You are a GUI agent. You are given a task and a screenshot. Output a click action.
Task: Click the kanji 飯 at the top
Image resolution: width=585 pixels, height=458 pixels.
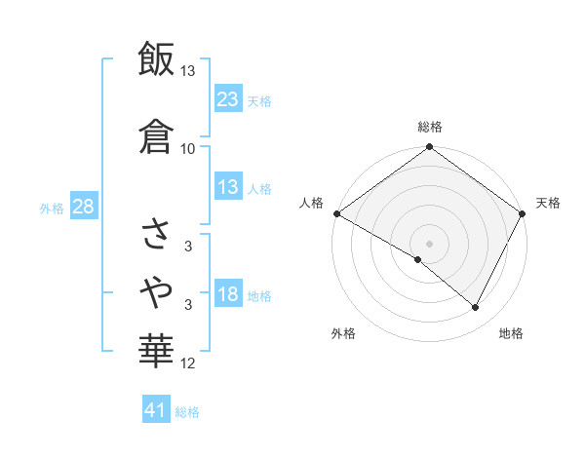pyautogui.click(x=157, y=59)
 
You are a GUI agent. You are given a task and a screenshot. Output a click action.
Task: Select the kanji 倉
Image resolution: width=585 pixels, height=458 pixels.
pyautogui.click(x=157, y=135)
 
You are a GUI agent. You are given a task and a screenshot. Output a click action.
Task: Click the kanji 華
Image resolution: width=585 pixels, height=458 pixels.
pyautogui.click(x=157, y=350)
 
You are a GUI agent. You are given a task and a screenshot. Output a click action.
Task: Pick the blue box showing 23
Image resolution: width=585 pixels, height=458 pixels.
pyautogui.click(x=228, y=98)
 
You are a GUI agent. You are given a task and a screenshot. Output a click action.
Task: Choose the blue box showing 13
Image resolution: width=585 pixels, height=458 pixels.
pyautogui.click(x=228, y=187)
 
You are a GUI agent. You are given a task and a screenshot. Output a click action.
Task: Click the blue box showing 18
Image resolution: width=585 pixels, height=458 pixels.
pyautogui.click(x=228, y=295)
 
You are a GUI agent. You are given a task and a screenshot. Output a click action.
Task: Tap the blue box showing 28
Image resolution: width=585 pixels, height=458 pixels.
pyautogui.click(x=83, y=207)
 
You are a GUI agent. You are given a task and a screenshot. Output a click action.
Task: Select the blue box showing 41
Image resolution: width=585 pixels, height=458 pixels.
pyautogui.click(x=156, y=410)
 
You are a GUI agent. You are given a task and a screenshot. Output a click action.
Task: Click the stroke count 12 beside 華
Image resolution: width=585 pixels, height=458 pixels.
pyautogui.click(x=188, y=363)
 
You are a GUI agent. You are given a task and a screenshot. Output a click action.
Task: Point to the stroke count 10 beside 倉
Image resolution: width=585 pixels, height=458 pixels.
pyautogui.click(x=188, y=148)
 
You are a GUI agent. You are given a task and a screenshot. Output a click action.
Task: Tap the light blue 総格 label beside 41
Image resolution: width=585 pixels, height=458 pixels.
pyautogui.click(x=187, y=412)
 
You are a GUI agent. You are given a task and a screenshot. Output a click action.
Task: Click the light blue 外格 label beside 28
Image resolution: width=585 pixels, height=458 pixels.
pyautogui.click(x=52, y=208)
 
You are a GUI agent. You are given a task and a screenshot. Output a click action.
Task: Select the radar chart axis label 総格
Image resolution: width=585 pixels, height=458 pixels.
pyautogui.click(x=430, y=127)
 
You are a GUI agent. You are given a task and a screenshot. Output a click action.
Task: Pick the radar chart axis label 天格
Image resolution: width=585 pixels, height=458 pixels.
pyautogui.click(x=548, y=203)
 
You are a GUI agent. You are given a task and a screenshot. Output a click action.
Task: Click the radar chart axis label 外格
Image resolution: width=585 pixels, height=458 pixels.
pyautogui.click(x=343, y=333)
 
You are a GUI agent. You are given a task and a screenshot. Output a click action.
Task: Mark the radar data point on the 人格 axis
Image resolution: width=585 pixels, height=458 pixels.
pyautogui.click(x=336, y=213)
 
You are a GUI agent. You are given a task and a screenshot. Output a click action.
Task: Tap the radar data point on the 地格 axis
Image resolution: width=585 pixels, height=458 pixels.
pyautogui.click(x=476, y=308)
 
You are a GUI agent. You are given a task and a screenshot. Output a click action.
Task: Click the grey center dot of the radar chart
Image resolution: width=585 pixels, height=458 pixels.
pyautogui.click(x=430, y=243)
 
